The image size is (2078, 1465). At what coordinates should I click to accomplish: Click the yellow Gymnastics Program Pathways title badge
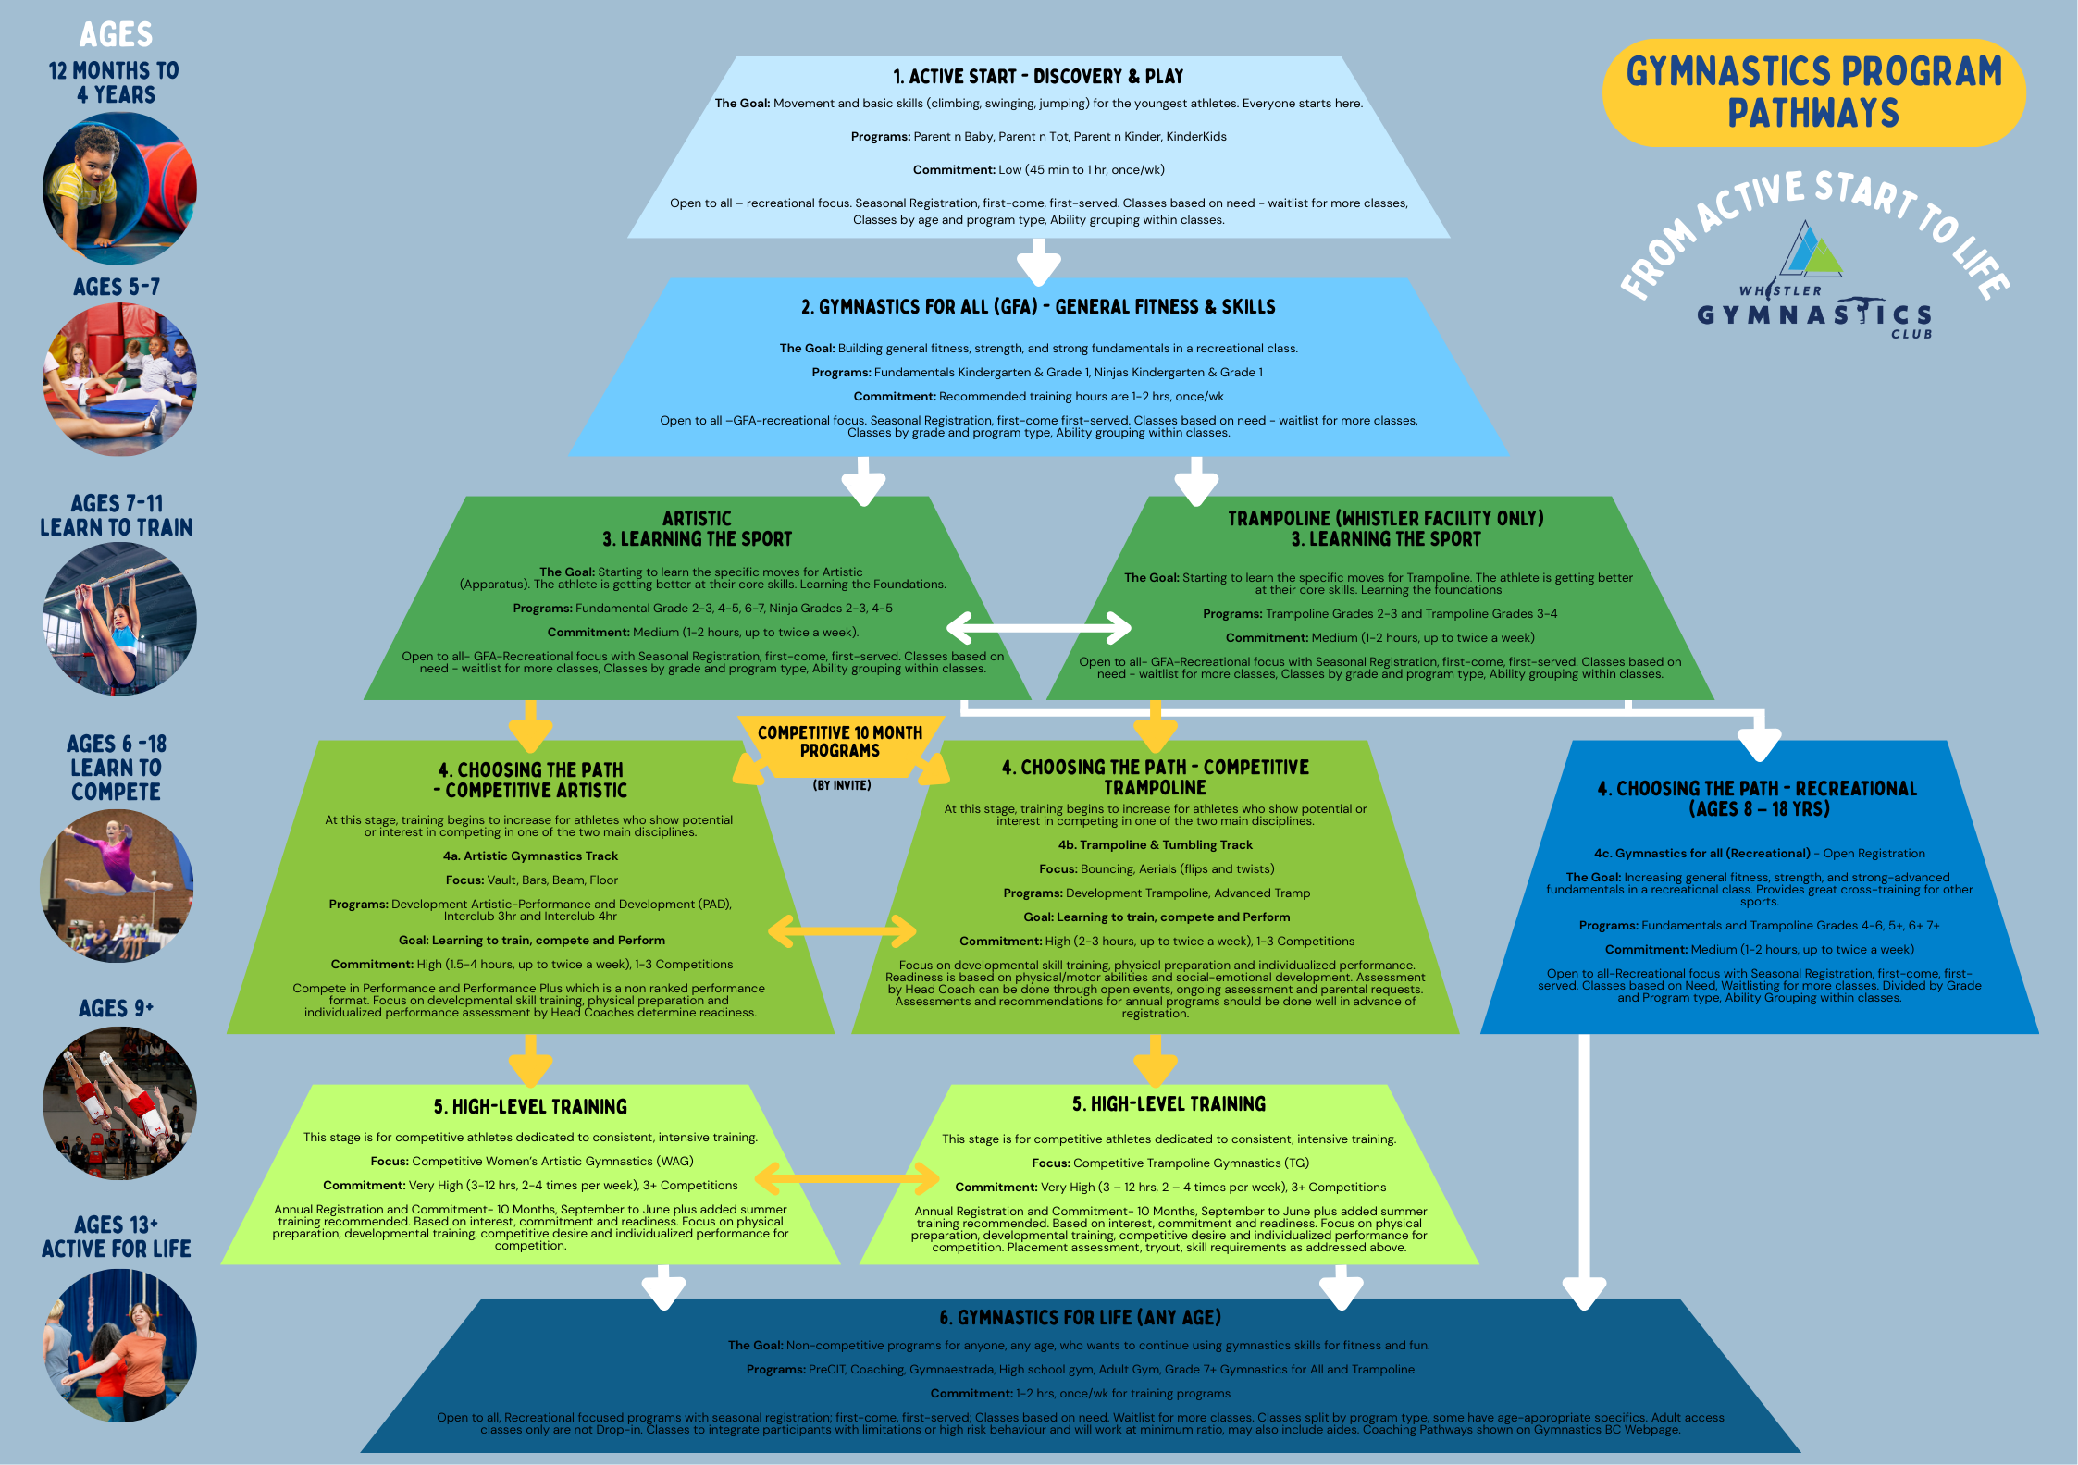tap(1813, 92)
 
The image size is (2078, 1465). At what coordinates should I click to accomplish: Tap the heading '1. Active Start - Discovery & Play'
tap(1038, 76)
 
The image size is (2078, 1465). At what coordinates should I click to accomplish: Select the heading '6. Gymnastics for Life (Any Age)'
tap(1080, 1317)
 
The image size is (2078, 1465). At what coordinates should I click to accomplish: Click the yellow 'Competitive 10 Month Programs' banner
tap(840, 742)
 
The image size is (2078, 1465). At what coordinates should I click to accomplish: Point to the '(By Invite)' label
tap(842, 785)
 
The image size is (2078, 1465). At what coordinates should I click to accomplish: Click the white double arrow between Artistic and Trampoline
tap(1038, 628)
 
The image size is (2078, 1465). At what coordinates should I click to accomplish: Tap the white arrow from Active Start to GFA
tap(1038, 262)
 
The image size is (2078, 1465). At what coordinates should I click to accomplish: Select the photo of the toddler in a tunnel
tap(119, 189)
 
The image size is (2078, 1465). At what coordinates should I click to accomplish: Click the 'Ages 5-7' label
tap(117, 288)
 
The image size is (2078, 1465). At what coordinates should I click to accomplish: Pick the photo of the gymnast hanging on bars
tap(119, 618)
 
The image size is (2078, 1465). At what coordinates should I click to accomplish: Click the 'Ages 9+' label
tap(117, 1008)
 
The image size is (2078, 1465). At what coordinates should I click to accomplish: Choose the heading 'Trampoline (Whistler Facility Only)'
tap(1385, 518)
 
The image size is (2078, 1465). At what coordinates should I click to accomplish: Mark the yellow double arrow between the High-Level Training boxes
tap(847, 1178)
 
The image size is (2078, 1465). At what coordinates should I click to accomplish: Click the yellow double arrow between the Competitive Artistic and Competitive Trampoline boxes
tap(842, 931)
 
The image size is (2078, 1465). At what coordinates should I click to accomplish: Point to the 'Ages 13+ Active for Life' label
tap(117, 1237)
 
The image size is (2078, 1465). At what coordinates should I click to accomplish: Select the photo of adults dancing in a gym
tap(119, 1345)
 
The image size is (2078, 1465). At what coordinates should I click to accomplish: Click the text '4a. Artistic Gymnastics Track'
tap(530, 856)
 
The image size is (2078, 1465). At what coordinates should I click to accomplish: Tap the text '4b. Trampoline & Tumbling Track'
tap(1155, 845)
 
